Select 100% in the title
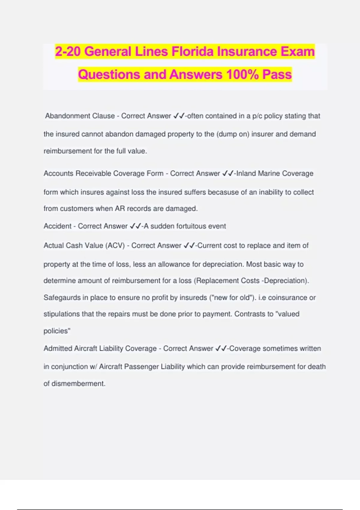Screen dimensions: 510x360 pyautogui.click(x=242, y=74)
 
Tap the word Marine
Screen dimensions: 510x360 pyautogui.click(x=269, y=173)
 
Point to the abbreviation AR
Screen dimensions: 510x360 pyautogui.click(x=120, y=208)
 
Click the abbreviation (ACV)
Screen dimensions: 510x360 pyautogui.click(x=115, y=245)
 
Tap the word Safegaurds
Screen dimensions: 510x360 pyautogui.click(x=62, y=298)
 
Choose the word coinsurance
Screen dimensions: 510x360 pyautogui.click(x=288, y=298)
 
